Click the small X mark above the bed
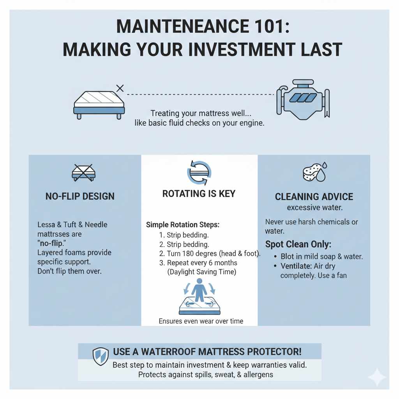click(120, 88)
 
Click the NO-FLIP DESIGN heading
click(80, 196)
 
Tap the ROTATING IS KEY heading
click(199, 194)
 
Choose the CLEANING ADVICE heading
click(314, 197)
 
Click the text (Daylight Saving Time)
click(202, 272)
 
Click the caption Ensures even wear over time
click(201, 321)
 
